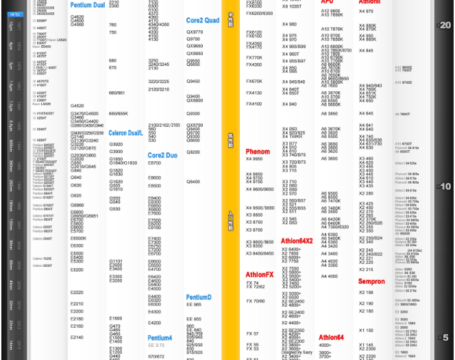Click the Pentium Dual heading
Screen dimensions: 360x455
[x=88, y=5]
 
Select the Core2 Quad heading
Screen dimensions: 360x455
[x=203, y=21]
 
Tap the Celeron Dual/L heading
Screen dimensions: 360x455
[x=125, y=133]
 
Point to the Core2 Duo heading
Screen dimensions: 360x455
[x=163, y=156]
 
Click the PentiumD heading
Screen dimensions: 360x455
[x=199, y=298]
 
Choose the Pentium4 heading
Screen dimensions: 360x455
[x=160, y=337]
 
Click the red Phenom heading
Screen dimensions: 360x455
[x=258, y=152]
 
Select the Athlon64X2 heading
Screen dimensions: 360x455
[x=297, y=241]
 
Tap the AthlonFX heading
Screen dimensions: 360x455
[x=260, y=275]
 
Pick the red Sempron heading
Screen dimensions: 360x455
[x=371, y=281]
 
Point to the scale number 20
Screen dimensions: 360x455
[x=445, y=25]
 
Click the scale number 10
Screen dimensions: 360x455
[x=445, y=187]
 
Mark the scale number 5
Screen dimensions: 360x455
[x=445, y=337]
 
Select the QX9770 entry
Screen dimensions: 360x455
[x=195, y=32]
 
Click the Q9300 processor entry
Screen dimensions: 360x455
[x=193, y=114]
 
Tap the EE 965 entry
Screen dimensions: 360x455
[x=194, y=319]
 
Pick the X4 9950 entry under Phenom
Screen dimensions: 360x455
[x=254, y=159]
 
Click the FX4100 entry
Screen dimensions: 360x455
[x=254, y=104]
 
